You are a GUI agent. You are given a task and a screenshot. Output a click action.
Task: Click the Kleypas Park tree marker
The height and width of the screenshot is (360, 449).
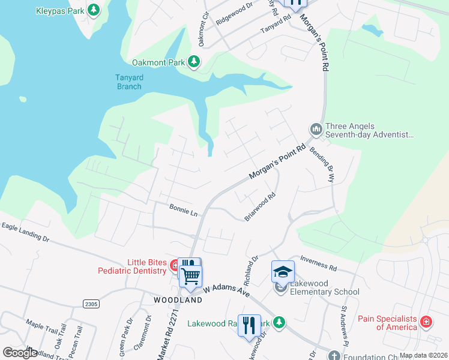point(94,10)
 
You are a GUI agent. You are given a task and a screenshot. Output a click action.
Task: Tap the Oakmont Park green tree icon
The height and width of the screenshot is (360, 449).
point(193,61)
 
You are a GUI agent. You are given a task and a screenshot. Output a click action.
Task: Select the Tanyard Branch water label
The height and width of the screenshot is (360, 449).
point(128,82)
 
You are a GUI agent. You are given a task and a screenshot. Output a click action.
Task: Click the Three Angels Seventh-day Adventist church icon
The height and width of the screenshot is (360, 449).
point(316,130)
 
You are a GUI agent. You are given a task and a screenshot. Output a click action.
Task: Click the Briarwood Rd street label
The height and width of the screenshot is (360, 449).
point(261,206)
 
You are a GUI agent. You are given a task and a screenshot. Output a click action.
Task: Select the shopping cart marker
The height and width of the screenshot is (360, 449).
point(191,277)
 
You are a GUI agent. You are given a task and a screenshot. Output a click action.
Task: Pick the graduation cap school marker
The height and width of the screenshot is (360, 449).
point(283,272)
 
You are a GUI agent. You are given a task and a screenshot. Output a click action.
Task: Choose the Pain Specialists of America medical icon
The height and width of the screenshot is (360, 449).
point(426,322)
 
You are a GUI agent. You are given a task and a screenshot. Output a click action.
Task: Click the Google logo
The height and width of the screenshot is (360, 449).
point(20,353)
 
